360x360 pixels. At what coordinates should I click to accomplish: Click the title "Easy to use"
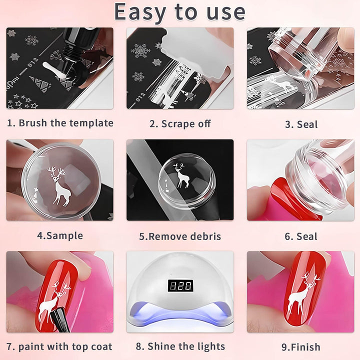tap(180, 12)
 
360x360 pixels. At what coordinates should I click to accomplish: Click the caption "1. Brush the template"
tap(60, 123)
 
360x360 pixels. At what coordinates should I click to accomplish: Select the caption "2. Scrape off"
tap(180, 124)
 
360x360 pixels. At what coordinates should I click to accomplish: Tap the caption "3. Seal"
tap(301, 124)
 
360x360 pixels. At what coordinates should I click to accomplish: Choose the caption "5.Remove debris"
tap(180, 236)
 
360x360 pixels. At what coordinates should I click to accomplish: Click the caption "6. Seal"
tap(301, 236)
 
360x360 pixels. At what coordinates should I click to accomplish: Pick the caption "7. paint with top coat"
tap(60, 346)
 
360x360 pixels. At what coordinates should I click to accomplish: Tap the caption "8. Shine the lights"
tap(180, 346)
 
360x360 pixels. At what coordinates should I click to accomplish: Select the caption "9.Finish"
tap(301, 347)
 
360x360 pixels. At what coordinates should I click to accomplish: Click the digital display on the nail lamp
tap(180, 285)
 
